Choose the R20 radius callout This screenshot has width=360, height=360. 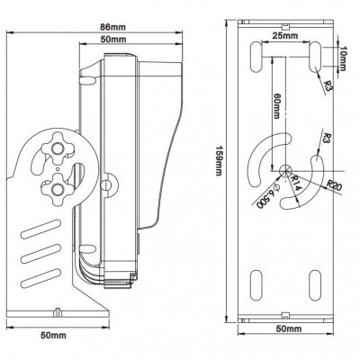click(x=333, y=187)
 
